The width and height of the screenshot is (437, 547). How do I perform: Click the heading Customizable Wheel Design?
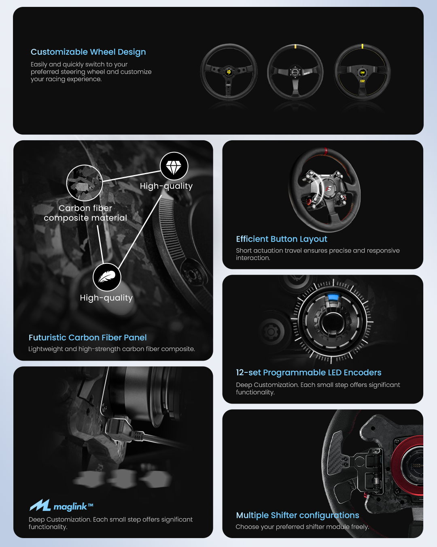[88, 52]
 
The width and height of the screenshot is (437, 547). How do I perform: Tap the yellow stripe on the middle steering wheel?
[295, 46]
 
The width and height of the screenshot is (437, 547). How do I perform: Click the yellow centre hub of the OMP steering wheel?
[363, 73]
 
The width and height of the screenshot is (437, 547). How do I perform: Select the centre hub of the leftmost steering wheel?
[229, 72]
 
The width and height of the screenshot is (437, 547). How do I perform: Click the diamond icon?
[174, 166]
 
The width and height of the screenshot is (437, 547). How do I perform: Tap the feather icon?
[107, 277]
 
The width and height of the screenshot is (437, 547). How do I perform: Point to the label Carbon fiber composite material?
[85, 213]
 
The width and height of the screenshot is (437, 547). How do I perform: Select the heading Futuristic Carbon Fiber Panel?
[88, 337]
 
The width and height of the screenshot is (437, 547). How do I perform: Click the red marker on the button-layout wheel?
[326, 151]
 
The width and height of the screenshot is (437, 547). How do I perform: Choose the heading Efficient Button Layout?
[281, 239]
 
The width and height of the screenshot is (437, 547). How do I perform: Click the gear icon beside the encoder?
[271, 331]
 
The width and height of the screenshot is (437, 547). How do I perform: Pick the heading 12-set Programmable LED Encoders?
[308, 372]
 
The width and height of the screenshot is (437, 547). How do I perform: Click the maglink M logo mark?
[40, 505]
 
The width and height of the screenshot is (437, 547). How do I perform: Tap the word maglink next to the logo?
[70, 507]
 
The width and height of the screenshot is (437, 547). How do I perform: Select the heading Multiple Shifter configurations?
[297, 515]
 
